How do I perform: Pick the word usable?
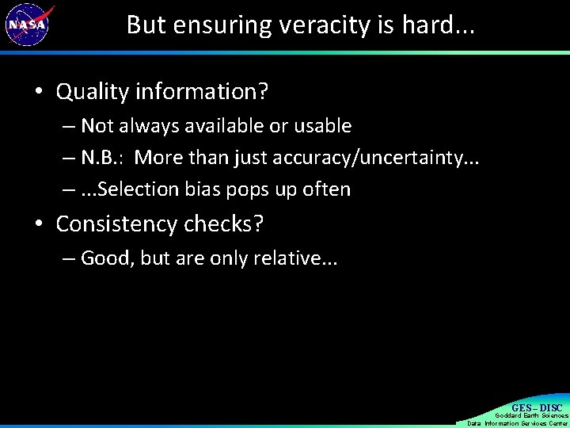click(323, 126)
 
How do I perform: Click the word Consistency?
click(120, 224)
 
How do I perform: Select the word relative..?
click(284, 258)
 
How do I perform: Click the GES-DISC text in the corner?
click(537, 408)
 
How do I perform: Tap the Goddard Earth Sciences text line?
click(531, 415)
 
